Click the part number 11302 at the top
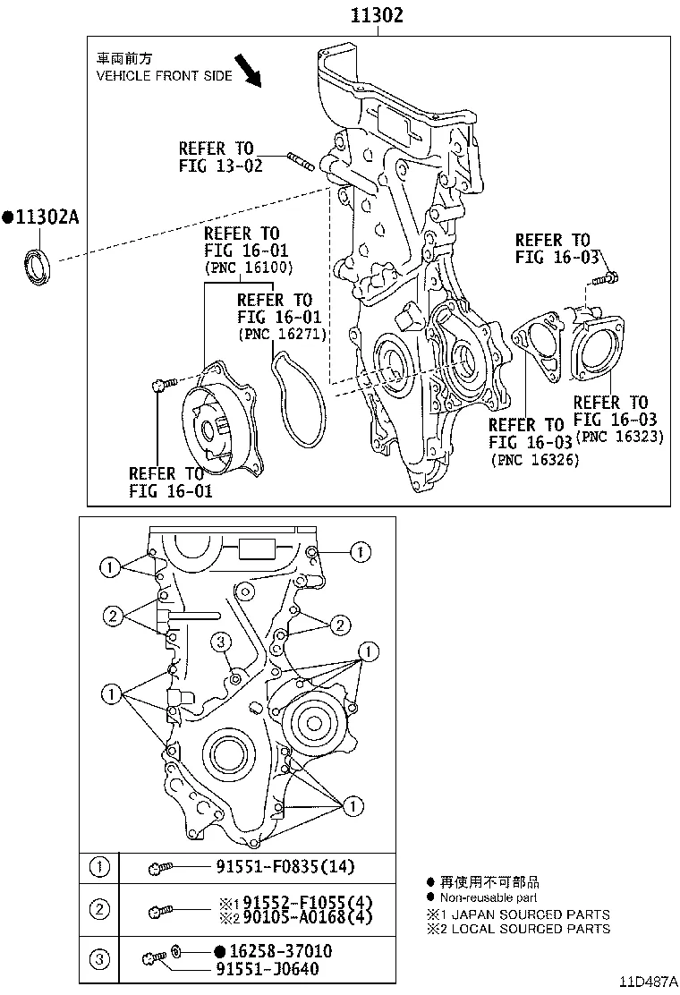point(377,15)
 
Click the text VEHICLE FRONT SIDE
point(164,76)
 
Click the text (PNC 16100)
point(248,268)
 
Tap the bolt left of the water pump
point(160,386)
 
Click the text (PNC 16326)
point(534,459)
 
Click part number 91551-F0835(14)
point(285,865)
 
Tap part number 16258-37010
point(273,950)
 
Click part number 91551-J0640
point(267,968)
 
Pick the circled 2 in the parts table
point(99,909)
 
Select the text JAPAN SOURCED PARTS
point(528,914)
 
